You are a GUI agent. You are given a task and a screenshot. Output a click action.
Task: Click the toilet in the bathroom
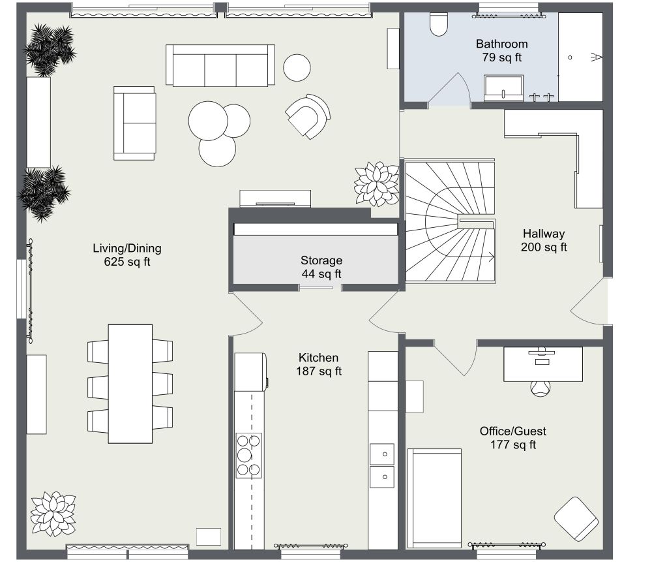point(438,25)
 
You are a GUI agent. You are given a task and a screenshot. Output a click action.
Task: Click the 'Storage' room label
point(321,260)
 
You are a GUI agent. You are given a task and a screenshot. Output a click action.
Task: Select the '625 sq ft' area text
point(126,262)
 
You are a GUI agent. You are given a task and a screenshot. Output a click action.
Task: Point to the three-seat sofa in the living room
point(220,65)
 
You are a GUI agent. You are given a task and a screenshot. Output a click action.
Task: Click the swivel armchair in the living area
point(306,116)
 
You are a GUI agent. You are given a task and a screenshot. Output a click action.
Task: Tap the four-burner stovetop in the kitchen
point(249,454)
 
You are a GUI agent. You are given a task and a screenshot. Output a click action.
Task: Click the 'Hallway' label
point(543,233)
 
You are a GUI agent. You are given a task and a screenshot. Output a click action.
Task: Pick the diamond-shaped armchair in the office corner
point(576,518)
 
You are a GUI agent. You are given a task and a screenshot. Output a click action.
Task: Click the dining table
point(130,382)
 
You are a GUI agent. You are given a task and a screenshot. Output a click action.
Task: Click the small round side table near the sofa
point(297,67)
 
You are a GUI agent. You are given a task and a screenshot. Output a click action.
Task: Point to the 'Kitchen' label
point(318,358)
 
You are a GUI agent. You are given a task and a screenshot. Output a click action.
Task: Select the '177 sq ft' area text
point(512,445)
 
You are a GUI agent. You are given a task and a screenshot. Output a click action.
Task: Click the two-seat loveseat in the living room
point(135,123)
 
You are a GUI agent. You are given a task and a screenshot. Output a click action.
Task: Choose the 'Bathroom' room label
point(501,44)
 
